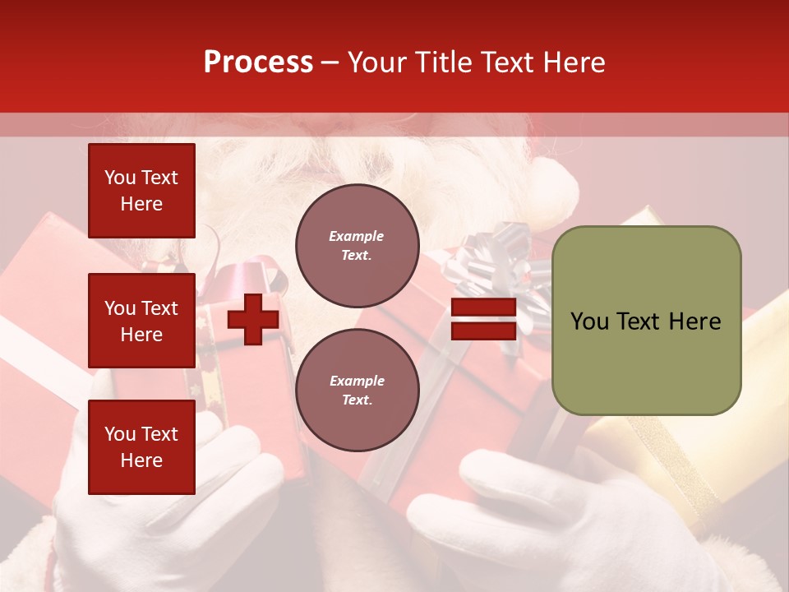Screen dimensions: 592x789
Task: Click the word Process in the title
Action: pos(258,62)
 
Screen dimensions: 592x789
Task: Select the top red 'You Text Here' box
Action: pos(141,191)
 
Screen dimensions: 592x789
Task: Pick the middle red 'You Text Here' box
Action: pos(141,321)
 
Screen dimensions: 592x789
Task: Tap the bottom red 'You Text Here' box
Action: pos(141,447)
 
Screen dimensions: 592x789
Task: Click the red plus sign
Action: pos(253,319)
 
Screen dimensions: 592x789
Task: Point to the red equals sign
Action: pos(483,319)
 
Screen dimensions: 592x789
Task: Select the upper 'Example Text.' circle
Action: pos(357,246)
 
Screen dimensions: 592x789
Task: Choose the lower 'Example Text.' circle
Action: pos(357,391)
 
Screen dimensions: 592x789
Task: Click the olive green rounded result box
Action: pos(646,321)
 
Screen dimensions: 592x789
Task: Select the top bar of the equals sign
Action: pos(483,308)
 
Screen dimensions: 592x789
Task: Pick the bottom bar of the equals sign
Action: pos(483,331)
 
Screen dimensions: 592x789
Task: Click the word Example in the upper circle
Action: pos(357,236)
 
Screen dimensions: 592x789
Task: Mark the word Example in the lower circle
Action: pos(357,381)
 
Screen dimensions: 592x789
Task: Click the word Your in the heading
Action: pos(377,62)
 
